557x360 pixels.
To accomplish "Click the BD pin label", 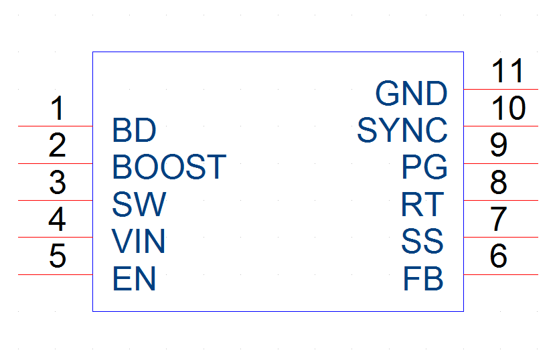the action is coord(134,130).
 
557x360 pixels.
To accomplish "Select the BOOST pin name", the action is coord(169,167).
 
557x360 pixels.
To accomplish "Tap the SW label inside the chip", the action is coord(139,204).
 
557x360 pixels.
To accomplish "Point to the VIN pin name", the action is coord(139,241).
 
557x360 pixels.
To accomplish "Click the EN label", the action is coord(135,278).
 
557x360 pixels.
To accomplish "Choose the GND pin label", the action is coord(411,93).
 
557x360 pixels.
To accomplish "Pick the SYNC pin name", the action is coord(402,130).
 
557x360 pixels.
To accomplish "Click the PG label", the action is coord(424,167).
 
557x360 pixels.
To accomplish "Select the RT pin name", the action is coord(422,204).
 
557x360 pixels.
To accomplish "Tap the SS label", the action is coord(422,242).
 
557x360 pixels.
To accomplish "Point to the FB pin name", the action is coord(423,278).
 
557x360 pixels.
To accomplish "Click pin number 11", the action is coord(507,71).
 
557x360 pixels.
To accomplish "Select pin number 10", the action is coord(509,108).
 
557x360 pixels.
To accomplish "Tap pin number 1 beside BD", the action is coord(58,108).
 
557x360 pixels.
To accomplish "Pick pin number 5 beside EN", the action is coord(58,256).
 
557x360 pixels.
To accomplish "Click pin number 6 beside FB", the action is coord(498,256).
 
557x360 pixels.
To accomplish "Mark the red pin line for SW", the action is coord(56,200).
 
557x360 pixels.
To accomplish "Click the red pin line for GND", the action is coord(501,89).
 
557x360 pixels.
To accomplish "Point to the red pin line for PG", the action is coord(501,163).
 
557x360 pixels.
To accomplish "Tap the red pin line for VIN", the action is coord(56,237).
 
